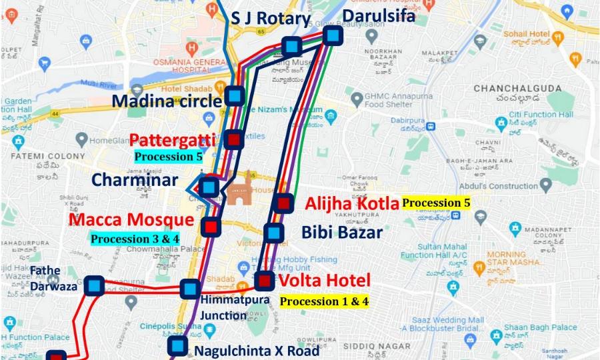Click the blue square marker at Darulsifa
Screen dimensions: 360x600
tap(333, 35)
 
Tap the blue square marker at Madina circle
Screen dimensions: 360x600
tap(234, 97)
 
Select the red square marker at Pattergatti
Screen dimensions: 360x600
tap(233, 139)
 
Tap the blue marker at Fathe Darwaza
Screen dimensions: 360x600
tap(94, 286)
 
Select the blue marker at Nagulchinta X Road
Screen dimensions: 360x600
tap(177, 345)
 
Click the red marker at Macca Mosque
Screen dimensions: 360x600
tap(211, 227)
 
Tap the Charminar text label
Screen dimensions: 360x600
tap(135, 180)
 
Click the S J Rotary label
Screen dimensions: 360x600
tap(271, 19)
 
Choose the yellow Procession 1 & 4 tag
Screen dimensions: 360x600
tap(324, 301)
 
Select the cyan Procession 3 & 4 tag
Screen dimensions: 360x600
tap(135, 238)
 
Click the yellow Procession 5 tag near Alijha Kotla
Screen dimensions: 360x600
tap(436, 203)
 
